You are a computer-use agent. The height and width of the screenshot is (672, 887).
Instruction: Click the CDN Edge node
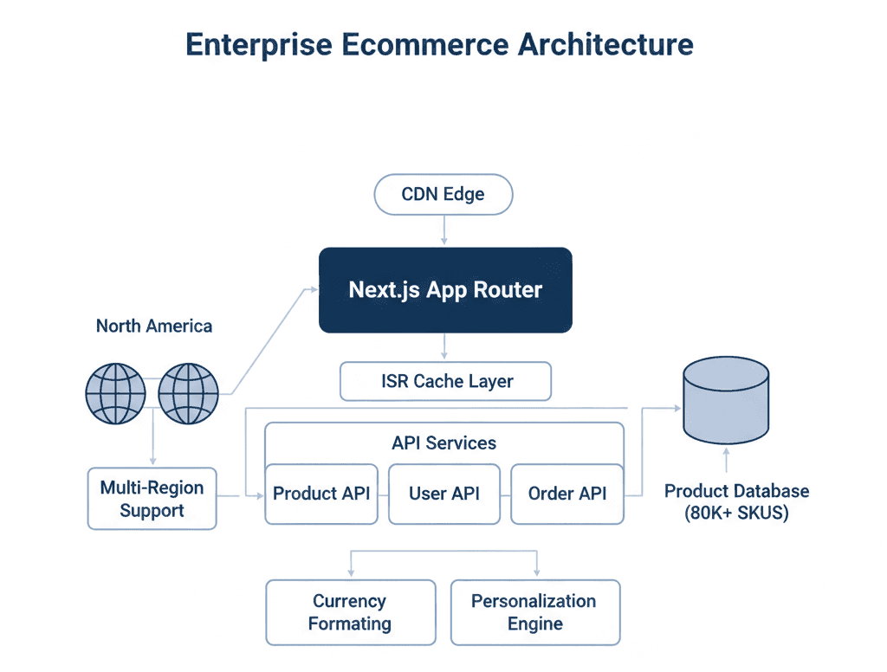443,195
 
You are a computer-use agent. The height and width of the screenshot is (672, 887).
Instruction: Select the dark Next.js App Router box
445,290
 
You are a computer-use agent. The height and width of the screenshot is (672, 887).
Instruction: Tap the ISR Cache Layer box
445,381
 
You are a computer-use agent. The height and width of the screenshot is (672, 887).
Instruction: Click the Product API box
321,494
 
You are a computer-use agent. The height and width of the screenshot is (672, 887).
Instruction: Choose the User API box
444,494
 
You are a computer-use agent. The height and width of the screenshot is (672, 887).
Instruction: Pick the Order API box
567,494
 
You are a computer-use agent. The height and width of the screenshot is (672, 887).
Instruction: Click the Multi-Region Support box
152,499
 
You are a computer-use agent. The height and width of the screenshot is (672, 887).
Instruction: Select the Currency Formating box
350,612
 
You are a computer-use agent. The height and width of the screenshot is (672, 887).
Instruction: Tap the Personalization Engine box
534,612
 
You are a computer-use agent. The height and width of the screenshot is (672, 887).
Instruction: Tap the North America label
154,326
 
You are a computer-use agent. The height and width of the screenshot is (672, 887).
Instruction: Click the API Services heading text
443,443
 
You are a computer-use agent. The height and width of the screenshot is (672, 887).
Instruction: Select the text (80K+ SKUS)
736,513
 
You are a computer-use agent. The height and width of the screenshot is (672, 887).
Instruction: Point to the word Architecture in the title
605,44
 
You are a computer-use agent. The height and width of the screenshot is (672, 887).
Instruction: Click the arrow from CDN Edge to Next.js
444,229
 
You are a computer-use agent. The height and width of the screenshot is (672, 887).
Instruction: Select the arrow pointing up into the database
726,460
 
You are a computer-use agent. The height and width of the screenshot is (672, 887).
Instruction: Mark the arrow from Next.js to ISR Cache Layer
444,346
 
